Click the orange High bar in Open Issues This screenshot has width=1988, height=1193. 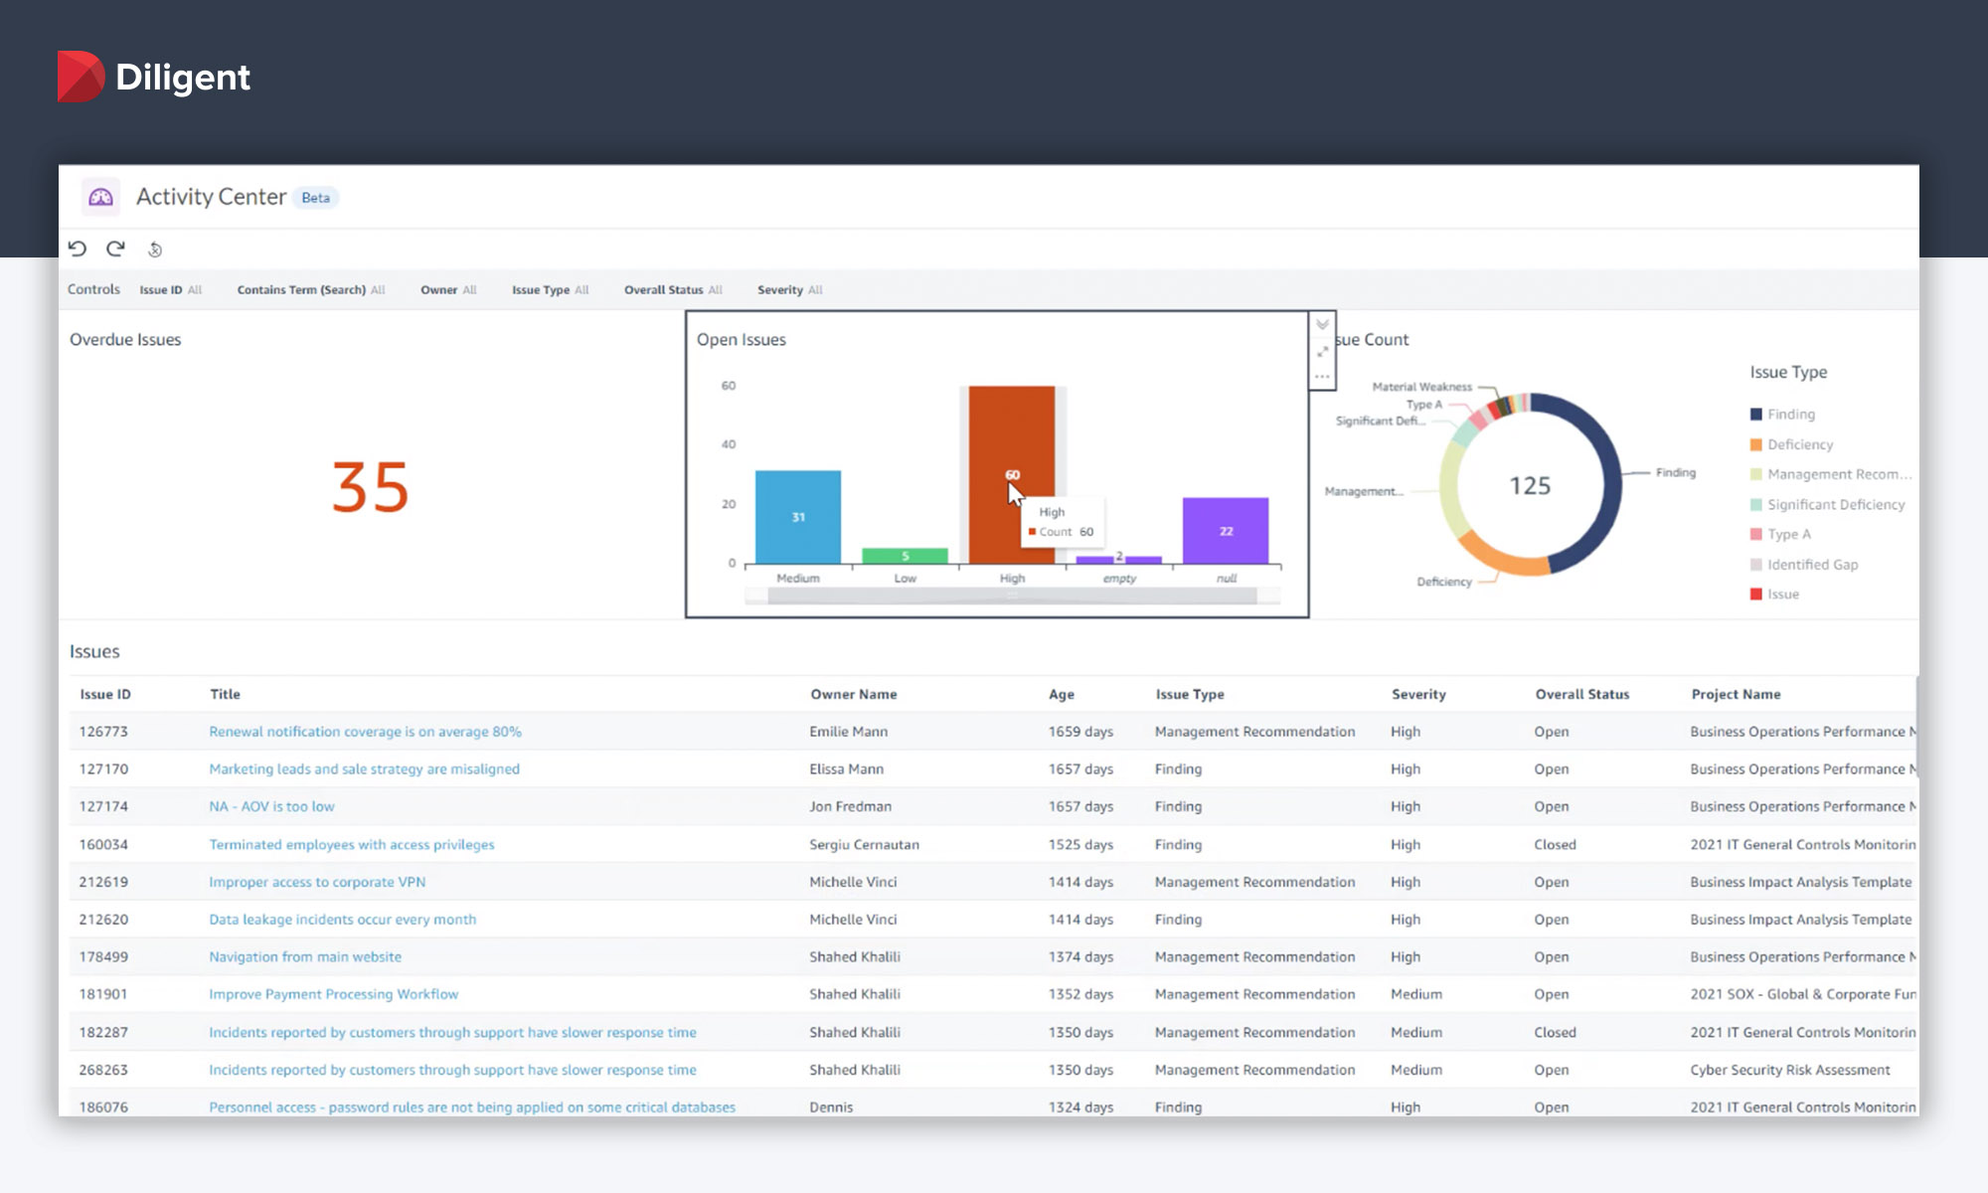1011,437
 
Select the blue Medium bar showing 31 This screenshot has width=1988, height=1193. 797,517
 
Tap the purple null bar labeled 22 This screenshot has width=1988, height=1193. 1225,531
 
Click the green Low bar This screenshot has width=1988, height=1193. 905,556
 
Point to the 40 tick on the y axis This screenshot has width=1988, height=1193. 729,444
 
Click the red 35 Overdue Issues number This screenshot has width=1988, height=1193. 370,487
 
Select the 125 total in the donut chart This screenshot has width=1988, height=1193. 1530,485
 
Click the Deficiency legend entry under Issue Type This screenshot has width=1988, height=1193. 1799,444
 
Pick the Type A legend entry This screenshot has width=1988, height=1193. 1788,534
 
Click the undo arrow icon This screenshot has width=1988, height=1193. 78,249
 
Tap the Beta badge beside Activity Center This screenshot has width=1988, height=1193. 315,198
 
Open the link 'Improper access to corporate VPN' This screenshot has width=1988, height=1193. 317,882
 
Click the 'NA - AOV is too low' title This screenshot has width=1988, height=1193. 271,806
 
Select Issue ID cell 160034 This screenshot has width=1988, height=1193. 103,844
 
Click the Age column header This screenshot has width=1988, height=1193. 1061,694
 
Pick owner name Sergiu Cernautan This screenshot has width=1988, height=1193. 864,844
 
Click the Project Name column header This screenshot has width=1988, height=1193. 1736,694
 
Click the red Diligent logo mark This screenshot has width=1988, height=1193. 81,77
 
